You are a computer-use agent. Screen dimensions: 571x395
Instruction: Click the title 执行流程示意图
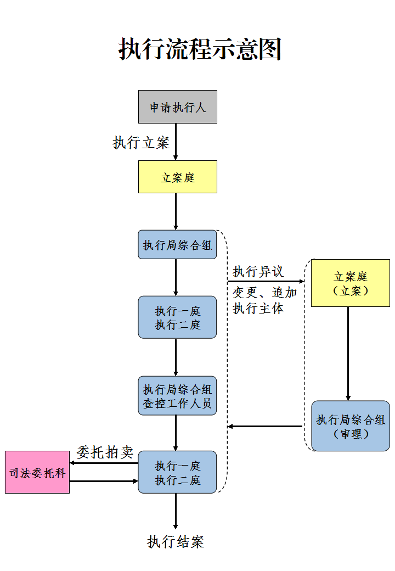(x=200, y=49)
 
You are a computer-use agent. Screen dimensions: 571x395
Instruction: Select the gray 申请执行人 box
(x=177, y=107)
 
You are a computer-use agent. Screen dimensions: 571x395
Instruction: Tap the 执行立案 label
(x=141, y=143)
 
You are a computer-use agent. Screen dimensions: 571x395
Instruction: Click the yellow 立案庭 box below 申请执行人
(x=177, y=177)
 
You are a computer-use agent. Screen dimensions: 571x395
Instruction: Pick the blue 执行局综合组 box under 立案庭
(x=177, y=245)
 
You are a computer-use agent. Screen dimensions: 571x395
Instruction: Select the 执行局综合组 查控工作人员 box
(x=177, y=396)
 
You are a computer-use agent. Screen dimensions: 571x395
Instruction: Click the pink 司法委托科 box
(x=37, y=472)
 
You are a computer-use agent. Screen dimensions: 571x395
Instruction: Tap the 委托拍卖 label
(x=105, y=452)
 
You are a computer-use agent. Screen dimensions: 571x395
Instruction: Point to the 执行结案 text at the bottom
(x=176, y=542)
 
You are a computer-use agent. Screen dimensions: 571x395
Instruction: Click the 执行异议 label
(x=258, y=272)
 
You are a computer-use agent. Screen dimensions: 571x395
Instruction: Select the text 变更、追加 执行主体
(x=264, y=300)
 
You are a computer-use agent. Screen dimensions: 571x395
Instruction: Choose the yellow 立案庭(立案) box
(x=350, y=283)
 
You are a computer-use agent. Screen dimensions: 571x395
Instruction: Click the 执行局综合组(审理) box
(x=350, y=426)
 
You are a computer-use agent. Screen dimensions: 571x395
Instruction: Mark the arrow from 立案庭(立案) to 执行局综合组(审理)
(x=348, y=354)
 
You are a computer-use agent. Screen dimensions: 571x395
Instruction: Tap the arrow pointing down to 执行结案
(x=176, y=511)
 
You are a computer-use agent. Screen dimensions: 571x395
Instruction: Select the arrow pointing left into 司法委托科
(x=104, y=463)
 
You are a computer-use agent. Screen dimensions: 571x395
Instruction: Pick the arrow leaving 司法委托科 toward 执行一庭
(x=104, y=482)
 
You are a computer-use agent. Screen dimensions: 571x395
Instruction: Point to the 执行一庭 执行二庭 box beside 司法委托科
(x=177, y=473)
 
